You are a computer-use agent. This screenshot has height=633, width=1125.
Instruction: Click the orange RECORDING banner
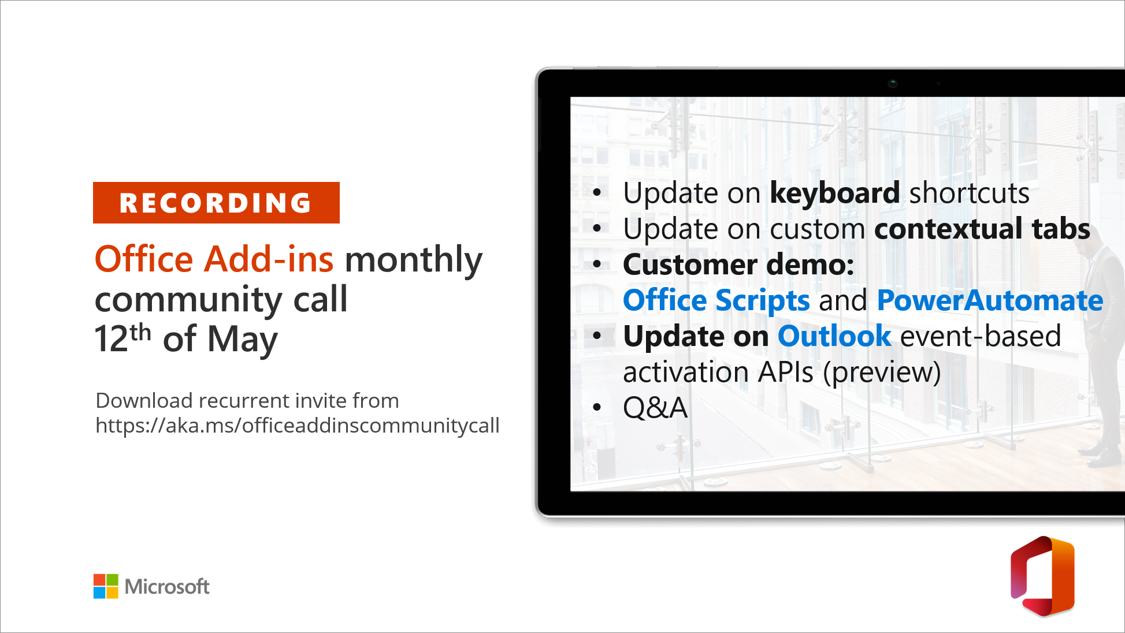[216, 203]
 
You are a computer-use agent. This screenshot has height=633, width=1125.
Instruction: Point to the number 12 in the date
[111, 339]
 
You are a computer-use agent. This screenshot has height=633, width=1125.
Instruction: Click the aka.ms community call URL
[298, 426]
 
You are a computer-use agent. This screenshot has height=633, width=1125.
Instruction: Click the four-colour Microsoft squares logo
[106, 586]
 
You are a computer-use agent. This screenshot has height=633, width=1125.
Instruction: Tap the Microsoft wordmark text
[167, 587]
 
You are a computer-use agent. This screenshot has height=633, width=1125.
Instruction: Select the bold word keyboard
[835, 193]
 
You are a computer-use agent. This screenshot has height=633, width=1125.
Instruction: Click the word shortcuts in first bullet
[970, 193]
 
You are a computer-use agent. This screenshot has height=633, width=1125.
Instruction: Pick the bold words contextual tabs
[982, 229]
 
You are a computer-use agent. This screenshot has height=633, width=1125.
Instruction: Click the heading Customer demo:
[738, 265]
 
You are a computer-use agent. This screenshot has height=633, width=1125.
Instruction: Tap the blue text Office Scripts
[716, 301]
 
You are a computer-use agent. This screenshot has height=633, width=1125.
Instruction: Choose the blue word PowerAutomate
[990, 300]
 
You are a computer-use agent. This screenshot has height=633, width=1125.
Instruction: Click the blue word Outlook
[834, 336]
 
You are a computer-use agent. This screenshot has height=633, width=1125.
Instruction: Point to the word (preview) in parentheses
[882, 373]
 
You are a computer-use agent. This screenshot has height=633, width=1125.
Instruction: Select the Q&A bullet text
[655, 408]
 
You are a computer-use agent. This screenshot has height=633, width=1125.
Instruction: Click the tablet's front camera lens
[893, 83]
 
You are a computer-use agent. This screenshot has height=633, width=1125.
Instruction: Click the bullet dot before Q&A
[597, 408]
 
